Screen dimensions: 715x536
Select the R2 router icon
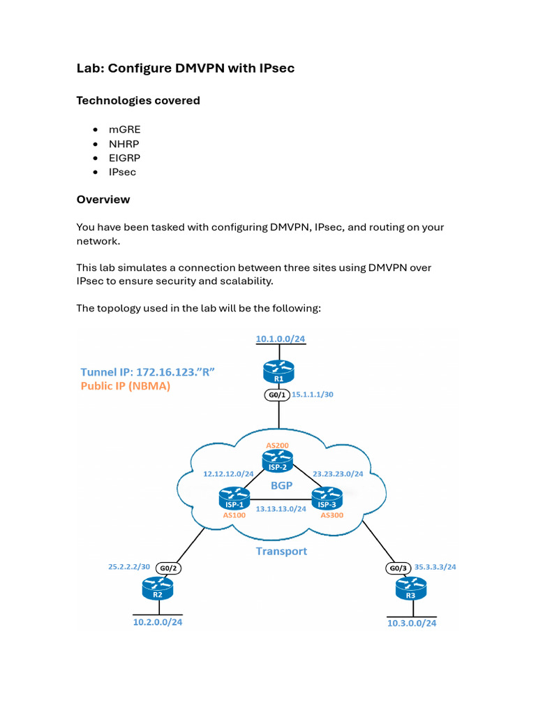(156, 591)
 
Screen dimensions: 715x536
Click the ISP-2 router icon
(277, 459)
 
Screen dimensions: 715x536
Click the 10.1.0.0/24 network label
(281, 339)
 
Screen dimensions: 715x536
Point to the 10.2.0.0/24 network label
(162, 621)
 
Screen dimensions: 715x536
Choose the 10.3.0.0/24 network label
(412, 622)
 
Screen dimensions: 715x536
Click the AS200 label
(277, 445)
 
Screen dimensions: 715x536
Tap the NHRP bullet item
(124, 144)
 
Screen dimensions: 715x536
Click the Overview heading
(103, 200)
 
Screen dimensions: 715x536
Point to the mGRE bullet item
(124, 130)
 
